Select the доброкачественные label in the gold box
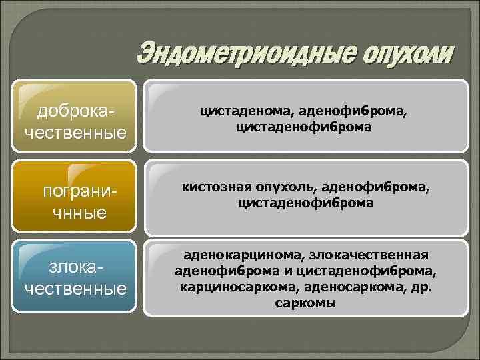pyautogui.click(x=75, y=119)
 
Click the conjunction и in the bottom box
pyautogui.click(x=283, y=271)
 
